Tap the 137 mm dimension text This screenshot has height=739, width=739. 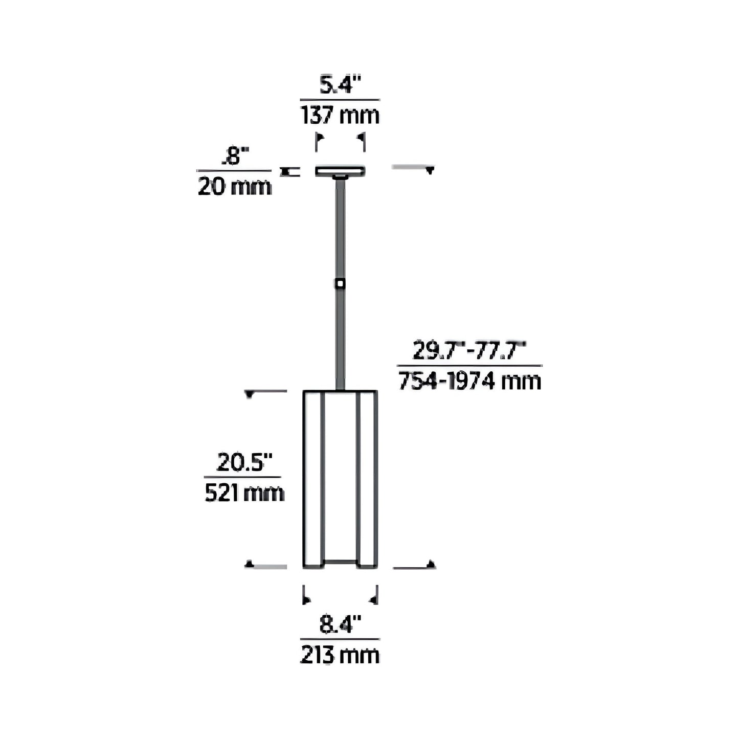(x=340, y=115)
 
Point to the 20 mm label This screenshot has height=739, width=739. (x=235, y=187)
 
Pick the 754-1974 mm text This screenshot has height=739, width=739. (x=469, y=382)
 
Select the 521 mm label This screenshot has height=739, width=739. (x=244, y=493)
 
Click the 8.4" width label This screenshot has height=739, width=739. (x=340, y=625)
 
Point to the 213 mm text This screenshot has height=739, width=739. (x=340, y=655)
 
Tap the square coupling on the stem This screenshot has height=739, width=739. (x=340, y=283)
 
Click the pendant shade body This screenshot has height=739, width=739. (x=340, y=478)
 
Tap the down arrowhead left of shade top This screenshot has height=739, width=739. (x=250, y=394)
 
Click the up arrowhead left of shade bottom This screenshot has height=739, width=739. (x=250, y=564)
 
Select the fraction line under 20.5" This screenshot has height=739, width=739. (x=242, y=478)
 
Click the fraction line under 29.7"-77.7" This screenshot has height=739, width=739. (x=469, y=366)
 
